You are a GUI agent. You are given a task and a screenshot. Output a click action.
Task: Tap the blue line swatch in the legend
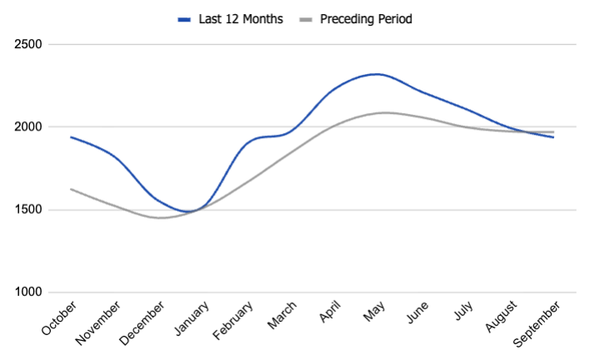(x=185, y=18)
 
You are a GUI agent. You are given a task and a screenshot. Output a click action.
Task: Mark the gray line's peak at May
(x=384, y=112)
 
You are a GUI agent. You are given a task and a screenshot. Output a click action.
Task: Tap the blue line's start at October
(x=72, y=137)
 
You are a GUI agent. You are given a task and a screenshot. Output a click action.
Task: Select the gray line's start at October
(x=72, y=189)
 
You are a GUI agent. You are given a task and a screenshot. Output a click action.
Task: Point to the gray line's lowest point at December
(x=161, y=218)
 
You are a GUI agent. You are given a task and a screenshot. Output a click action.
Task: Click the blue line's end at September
(x=553, y=137)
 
